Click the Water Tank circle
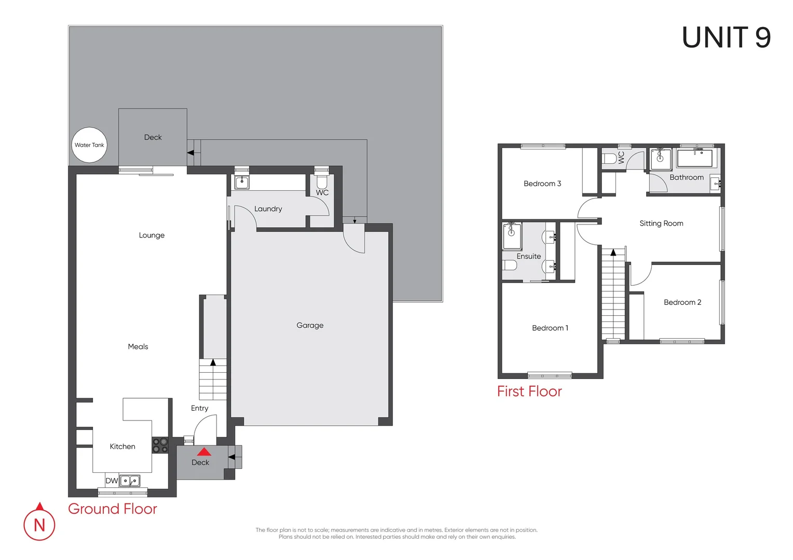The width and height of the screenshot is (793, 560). (x=90, y=145)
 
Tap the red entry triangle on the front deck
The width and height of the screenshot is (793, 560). (x=204, y=452)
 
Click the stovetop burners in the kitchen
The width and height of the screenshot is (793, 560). (x=160, y=445)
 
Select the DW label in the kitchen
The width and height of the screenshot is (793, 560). (x=112, y=481)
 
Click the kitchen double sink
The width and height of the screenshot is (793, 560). (x=130, y=481)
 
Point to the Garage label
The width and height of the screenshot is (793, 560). (x=310, y=325)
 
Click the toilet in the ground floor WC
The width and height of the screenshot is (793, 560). (x=322, y=181)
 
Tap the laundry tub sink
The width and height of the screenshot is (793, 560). (x=242, y=182)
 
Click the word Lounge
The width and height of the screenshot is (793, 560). (x=152, y=235)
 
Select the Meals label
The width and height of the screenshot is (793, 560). (x=138, y=346)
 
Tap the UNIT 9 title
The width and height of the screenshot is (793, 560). (x=726, y=38)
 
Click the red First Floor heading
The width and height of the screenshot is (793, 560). (x=529, y=391)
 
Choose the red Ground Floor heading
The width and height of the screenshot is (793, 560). (x=113, y=509)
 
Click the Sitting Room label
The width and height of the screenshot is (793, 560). (x=661, y=223)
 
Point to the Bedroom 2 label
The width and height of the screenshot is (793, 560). (x=682, y=302)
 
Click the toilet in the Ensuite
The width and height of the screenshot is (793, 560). (x=510, y=265)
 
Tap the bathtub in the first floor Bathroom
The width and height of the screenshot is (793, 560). (x=697, y=158)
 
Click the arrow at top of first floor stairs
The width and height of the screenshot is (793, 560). (x=613, y=253)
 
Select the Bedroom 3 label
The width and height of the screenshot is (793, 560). (x=542, y=184)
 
